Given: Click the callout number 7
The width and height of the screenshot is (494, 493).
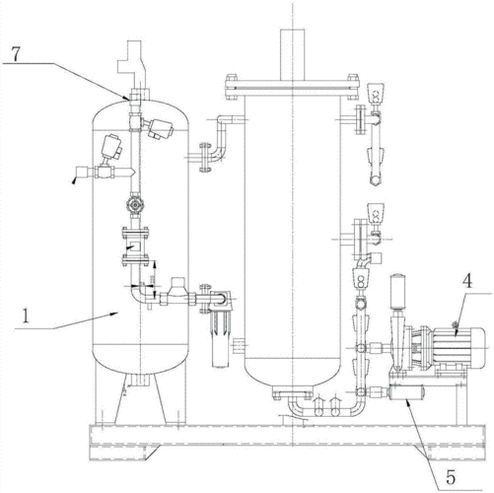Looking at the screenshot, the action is [x=17, y=54].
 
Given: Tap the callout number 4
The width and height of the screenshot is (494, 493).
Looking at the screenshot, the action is [x=467, y=282].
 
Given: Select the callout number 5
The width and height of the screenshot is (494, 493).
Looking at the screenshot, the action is [x=451, y=477].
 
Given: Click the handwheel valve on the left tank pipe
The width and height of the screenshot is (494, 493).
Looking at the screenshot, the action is [x=135, y=205].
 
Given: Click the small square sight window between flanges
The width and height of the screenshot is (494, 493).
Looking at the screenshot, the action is [x=135, y=246].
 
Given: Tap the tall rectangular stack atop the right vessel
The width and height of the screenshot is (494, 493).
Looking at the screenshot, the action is [x=292, y=54].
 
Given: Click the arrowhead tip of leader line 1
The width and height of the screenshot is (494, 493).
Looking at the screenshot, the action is [x=117, y=314].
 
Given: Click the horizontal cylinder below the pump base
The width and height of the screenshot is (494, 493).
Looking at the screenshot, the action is [x=406, y=392].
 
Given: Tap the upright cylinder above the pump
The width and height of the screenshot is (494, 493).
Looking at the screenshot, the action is [x=397, y=292].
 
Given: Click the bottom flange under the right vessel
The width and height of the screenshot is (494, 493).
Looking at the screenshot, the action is [x=292, y=393].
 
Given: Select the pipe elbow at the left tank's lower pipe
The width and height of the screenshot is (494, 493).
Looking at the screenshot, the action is [x=139, y=294].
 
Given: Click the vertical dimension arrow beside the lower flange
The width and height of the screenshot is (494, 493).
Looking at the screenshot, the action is [x=155, y=273].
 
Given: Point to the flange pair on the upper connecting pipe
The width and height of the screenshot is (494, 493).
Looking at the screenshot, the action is [x=204, y=158].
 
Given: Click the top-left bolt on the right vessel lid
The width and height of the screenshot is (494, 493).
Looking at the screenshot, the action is [x=231, y=78].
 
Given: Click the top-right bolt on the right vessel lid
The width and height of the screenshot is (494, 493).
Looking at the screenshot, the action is [x=353, y=78].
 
